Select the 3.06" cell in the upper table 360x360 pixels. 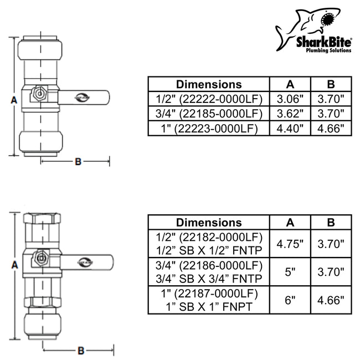[x=290, y=99]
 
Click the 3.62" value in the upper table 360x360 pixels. [x=290, y=114]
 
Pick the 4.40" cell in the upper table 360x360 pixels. [x=290, y=128]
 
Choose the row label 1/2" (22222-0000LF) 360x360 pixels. [x=209, y=99]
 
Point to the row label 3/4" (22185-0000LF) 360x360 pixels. [x=209, y=114]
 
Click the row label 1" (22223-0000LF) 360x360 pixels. [x=209, y=128]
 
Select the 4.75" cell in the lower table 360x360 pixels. [x=290, y=243]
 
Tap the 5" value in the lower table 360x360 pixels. [x=290, y=272]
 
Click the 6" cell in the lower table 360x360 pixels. [x=290, y=301]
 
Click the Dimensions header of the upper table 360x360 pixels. [x=209, y=84]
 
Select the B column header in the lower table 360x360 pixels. [x=331, y=222]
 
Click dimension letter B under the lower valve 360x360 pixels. [x=80, y=350]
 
